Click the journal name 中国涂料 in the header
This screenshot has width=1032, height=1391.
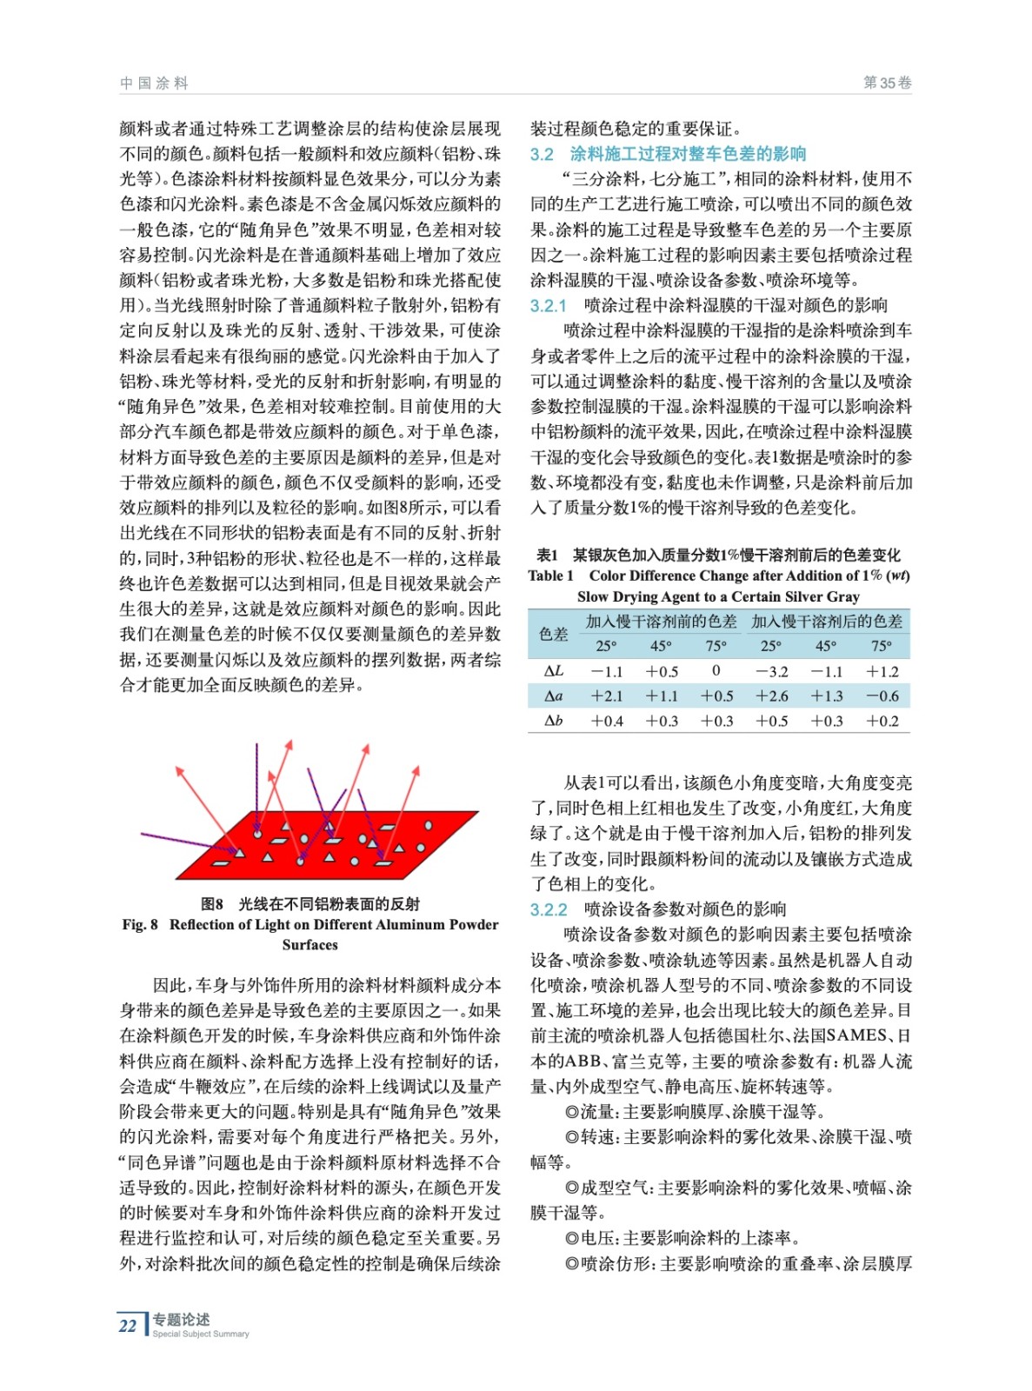pyautogui.click(x=154, y=83)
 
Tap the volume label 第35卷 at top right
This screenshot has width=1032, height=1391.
pyautogui.click(x=887, y=83)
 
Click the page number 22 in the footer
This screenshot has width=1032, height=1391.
pyautogui.click(x=128, y=1325)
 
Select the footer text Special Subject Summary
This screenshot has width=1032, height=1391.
pyautogui.click(x=201, y=1334)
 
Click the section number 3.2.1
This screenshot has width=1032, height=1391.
pyautogui.click(x=548, y=305)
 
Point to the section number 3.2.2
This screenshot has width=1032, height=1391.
pyautogui.click(x=549, y=909)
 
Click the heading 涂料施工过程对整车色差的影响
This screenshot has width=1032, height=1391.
pyautogui.click(x=688, y=154)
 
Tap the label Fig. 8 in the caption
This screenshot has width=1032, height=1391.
pyautogui.click(x=140, y=924)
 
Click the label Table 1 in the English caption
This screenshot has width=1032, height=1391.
pyautogui.click(x=550, y=576)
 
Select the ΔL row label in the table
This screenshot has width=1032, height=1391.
pyautogui.click(x=553, y=671)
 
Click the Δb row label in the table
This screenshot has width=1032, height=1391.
pyautogui.click(x=553, y=721)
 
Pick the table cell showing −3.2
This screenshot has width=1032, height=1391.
pyautogui.click(x=772, y=671)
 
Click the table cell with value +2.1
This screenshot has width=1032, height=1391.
pyautogui.click(x=607, y=695)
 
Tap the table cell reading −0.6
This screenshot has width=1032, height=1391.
pyautogui.click(x=882, y=695)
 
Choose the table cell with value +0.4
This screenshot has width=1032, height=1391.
pyautogui.click(x=607, y=721)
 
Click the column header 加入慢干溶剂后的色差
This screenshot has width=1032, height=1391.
pyautogui.click(x=827, y=621)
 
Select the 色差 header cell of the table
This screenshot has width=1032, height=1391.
pyautogui.click(x=553, y=633)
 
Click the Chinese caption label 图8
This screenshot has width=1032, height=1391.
pyautogui.click(x=212, y=904)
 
